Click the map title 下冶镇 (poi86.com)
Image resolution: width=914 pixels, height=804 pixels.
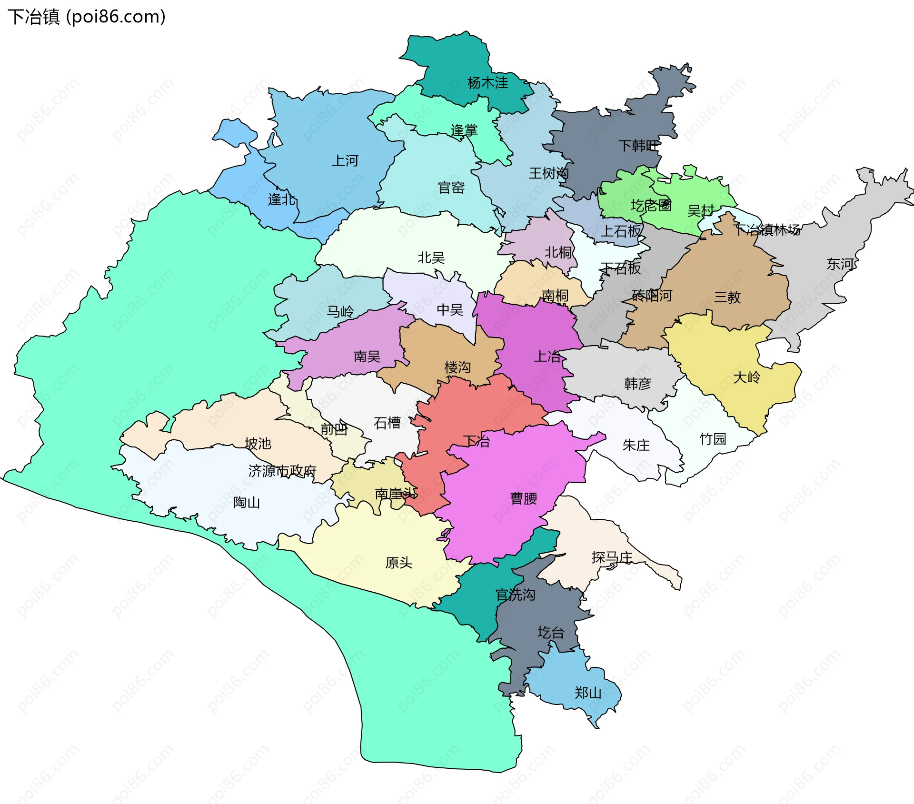[x=87, y=17]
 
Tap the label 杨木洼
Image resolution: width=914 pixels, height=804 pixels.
[x=487, y=83]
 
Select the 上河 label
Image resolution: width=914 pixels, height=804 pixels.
[x=345, y=161]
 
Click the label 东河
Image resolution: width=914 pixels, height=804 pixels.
[x=840, y=264]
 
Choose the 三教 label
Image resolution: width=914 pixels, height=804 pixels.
[x=727, y=298]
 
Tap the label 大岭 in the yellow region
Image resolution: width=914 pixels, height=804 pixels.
[x=746, y=377]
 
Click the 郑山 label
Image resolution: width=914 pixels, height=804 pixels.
[x=588, y=693]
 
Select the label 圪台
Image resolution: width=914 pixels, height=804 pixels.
[x=551, y=633]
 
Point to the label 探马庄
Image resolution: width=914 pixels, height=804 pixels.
[x=612, y=557]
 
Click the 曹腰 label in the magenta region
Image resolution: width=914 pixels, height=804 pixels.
[x=524, y=498]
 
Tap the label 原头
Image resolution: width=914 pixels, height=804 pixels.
[x=398, y=563]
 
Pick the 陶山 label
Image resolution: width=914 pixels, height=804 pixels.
[x=247, y=502]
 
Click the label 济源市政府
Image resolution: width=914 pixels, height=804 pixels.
[x=282, y=471]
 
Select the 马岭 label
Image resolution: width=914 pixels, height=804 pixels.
[x=340, y=312]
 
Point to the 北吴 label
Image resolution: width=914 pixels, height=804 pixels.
[x=431, y=258]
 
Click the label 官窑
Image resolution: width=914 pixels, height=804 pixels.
[x=451, y=188]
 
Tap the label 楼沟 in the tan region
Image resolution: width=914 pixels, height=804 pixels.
[x=457, y=367]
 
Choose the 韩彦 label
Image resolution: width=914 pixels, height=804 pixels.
[x=637, y=384]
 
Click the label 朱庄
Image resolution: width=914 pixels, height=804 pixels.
[x=636, y=446]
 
